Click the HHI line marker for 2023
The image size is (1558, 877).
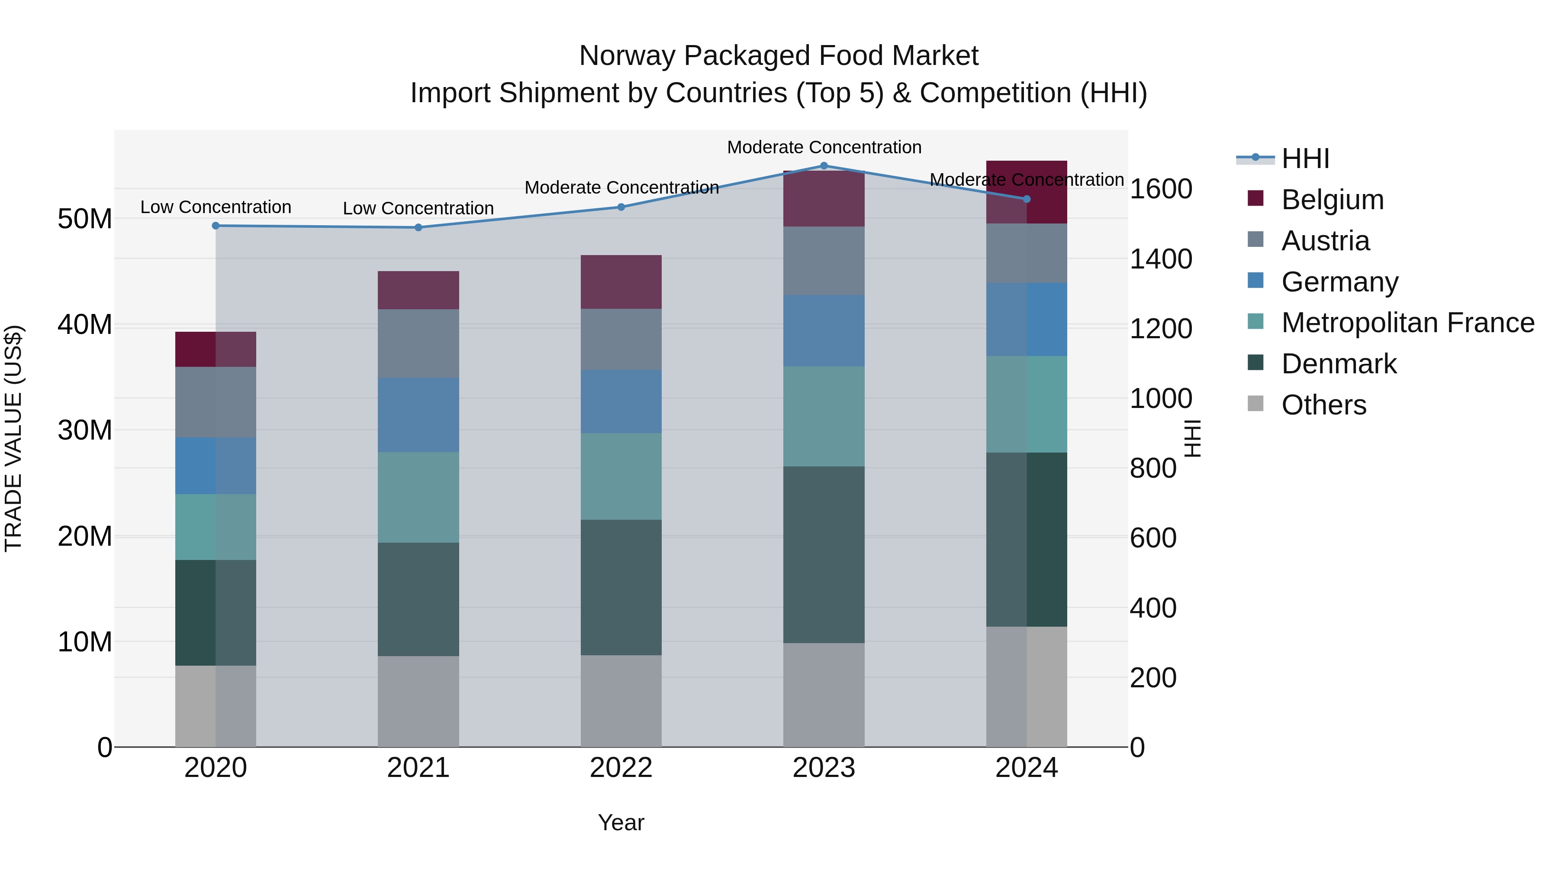tap(824, 166)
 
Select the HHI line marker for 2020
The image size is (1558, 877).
tap(216, 226)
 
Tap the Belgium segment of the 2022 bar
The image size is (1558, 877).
tap(621, 282)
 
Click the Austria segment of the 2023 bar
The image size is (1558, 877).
tap(824, 261)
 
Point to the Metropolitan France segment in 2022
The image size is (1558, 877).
tap(621, 476)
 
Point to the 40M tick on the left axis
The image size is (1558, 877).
tap(85, 325)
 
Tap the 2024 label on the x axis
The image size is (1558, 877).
tap(1027, 768)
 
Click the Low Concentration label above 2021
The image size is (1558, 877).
tap(418, 208)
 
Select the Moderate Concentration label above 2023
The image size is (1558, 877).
tap(824, 147)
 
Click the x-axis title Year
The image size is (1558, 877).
tap(621, 822)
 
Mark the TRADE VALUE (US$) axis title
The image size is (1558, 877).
tap(13, 438)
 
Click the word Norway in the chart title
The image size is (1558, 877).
tap(625, 56)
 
